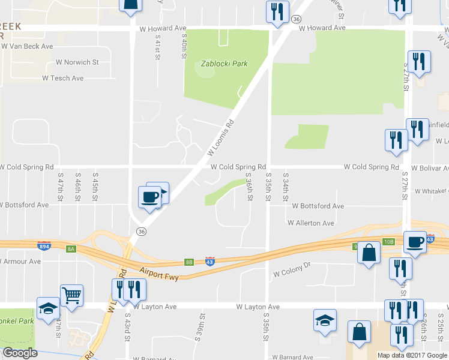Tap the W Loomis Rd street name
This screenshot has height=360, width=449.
click(x=221, y=137)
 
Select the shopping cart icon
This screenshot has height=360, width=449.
click(x=71, y=295)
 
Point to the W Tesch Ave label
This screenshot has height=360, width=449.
click(x=62, y=79)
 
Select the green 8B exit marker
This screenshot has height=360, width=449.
click(x=189, y=262)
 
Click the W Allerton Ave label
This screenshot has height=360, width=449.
click(x=311, y=223)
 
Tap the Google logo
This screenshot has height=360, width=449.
click(x=20, y=353)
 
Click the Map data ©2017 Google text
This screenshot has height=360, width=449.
click(x=412, y=355)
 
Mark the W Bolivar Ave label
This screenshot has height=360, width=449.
click(x=430, y=167)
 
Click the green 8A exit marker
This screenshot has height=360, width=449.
click(x=71, y=248)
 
